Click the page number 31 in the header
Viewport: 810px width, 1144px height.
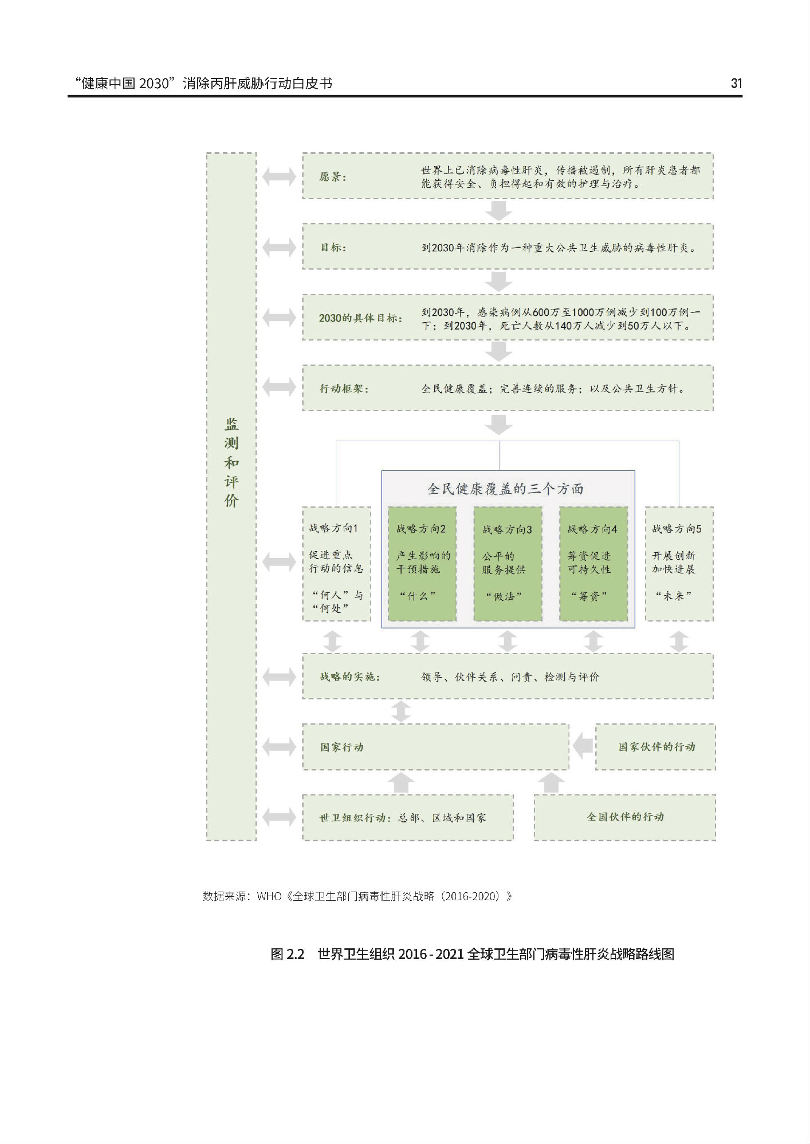pyautogui.click(x=736, y=84)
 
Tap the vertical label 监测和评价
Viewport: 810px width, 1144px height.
pyautogui.click(x=231, y=462)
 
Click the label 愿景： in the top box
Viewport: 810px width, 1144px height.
pyautogui.click(x=333, y=177)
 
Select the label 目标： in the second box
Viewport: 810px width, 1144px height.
pyautogui.click(x=333, y=248)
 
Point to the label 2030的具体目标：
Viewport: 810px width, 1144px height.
pyautogui.click(x=361, y=318)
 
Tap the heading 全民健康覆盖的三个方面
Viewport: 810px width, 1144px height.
pyautogui.click(x=506, y=489)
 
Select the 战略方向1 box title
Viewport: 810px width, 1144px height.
pyautogui.click(x=333, y=528)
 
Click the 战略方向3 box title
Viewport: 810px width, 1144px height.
pyautogui.click(x=507, y=529)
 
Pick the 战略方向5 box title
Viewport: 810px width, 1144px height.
pyautogui.click(x=677, y=529)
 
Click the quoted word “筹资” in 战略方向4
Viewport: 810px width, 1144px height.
pyautogui.click(x=589, y=596)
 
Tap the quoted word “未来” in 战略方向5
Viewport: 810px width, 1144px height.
pyautogui.click(x=674, y=596)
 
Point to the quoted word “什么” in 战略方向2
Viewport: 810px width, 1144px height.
pyautogui.click(x=418, y=596)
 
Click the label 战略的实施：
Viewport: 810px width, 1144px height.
pyautogui.click(x=350, y=677)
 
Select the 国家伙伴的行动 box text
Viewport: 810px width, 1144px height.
pyautogui.click(x=656, y=747)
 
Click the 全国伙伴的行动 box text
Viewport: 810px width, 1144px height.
pyautogui.click(x=625, y=817)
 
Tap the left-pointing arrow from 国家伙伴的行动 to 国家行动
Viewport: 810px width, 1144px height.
pyautogui.click(x=583, y=747)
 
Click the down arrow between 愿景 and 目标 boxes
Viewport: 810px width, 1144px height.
pyautogui.click(x=498, y=211)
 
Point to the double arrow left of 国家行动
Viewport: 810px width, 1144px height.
pyautogui.click(x=279, y=747)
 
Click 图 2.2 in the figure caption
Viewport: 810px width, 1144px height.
pyautogui.click(x=287, y=955)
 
